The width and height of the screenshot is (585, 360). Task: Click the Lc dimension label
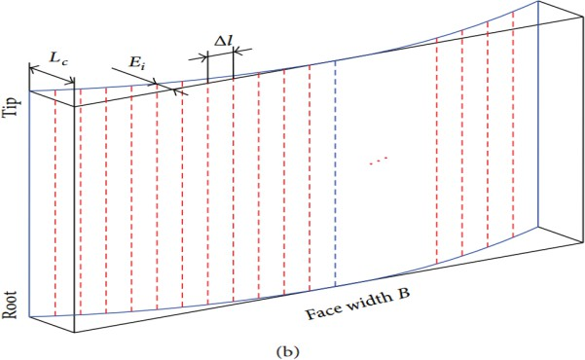coord(58,58)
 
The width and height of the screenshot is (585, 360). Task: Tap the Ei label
coord(137,62)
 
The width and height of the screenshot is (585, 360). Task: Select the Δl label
coord(224,40)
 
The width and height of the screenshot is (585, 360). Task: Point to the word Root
coord(10,305)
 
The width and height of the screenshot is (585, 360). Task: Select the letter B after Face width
coord(403,293)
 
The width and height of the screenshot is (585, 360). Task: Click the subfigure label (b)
coord(287,351)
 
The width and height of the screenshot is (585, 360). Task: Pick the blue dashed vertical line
coord(336,173)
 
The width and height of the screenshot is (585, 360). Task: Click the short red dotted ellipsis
coord(379,160)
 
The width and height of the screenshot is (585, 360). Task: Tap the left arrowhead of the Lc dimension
coord(33,69)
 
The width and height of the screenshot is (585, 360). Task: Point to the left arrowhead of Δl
coord(203,57)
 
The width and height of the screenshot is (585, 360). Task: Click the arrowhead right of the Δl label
coord(238,51)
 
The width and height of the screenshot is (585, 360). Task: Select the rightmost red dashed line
coord(513,124)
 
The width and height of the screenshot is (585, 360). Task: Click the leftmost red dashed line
coord(55,202)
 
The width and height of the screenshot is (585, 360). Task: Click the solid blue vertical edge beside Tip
coord(29,204)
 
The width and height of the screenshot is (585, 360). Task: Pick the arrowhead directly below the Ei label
coord(152,83)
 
